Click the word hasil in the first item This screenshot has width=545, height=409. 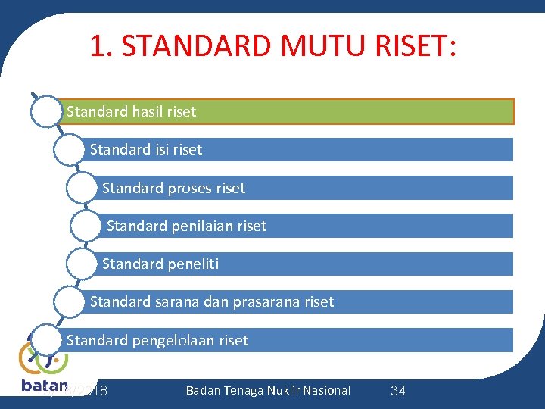coord(148,112)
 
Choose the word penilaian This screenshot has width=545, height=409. coord(195,226)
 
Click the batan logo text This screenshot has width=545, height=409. coord(44,385)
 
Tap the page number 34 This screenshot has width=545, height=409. coord(397,391)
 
